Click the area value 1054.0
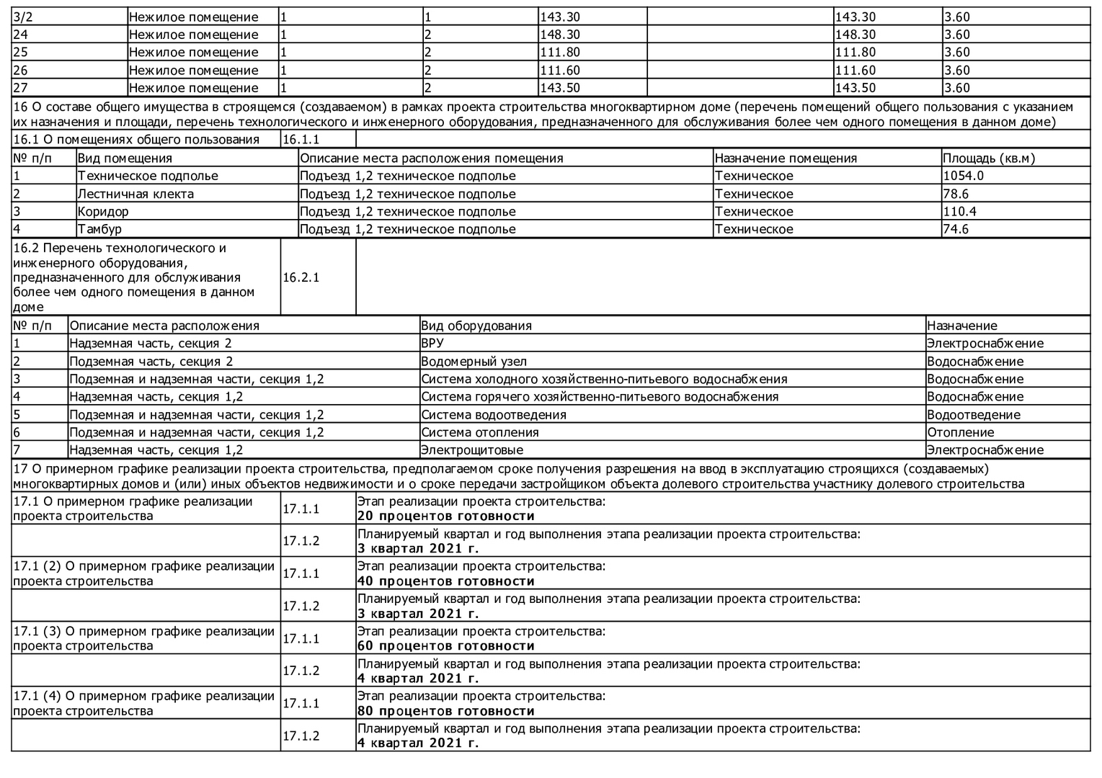[x=963, y=176]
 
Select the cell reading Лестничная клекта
[x=135, y=194]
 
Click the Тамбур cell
[x=99, y=229]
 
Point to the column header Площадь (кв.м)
[x=988, y=158]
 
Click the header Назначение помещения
[x=786, y=158]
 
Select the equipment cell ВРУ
[x=432, y=344]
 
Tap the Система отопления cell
[x=480, y=432]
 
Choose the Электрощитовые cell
[x=472, y=450]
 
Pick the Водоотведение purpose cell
[x=973, y=415]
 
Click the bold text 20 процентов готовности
[x=446, y=517]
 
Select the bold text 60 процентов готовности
[x=446, y=646]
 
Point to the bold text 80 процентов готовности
[x=446, y=711]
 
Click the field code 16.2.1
[x=301, y=277]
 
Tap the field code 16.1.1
[x=301, y=140]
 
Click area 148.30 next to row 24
[x=559, y=35]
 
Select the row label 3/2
[x=23, y=17]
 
